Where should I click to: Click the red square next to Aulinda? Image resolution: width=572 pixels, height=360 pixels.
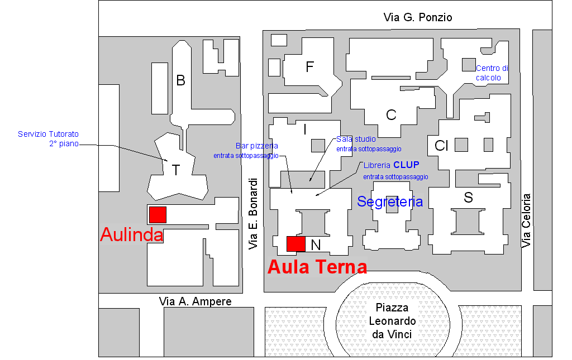pyautogui.click(x=158, y=215)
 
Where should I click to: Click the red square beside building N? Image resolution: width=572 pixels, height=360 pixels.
pyautogui.click(x=295, y=243)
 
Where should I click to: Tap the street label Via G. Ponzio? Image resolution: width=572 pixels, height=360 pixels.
pyautogui.click(x=418, y=18)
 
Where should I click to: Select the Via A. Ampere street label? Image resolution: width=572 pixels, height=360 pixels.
pyautogui.click(x=195, y=301)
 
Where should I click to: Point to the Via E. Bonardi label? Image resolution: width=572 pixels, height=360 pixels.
pyautogui.click(x=254, y=214)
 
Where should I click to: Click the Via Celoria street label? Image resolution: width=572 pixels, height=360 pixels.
pyautogui.click(x=526, y=220)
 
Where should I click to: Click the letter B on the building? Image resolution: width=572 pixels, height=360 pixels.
pyautogui.click(x=180, y=81)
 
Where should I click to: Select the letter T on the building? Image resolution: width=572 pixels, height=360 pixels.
pyautogui.click(x=176, y=170)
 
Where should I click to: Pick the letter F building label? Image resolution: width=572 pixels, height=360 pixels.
pyautogui.click(x=310, y=67)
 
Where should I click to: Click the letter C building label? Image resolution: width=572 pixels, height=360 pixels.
pyautogui.click(x=391, y=115)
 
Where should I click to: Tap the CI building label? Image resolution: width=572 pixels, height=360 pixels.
pyautogui.click(x=442, y=146)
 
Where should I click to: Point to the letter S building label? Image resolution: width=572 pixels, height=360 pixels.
pyautogui.click(x=468, y=197)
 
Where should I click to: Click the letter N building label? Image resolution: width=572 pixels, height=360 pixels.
pyautogui.click(x=316, y=244)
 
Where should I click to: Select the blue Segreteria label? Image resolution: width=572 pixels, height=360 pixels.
pyautogui.click(x=390, y=201)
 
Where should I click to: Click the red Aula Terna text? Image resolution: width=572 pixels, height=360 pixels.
pyautogui.click(x=317, y=267)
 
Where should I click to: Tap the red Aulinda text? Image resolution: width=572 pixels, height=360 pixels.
pyautogui.click(x=131, y=235)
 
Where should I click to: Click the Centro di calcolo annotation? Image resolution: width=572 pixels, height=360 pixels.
pyautogui.click(x=492, y=73)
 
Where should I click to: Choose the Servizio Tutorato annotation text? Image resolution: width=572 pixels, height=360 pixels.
pyautogui.click(x=48, y=138)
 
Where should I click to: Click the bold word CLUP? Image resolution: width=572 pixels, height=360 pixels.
pyautogui.click(x=406, y=165)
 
